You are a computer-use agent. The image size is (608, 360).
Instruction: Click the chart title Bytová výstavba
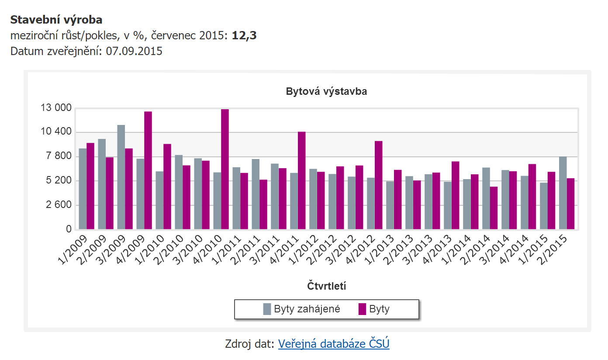pos(326,92)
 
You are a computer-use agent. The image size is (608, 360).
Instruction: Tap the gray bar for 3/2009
pos(121,177)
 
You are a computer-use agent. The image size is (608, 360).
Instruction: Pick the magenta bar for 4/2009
pos(148,170)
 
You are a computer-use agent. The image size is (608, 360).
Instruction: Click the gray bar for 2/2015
pos(563,193)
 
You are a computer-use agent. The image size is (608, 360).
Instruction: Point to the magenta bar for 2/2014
pos(494,208)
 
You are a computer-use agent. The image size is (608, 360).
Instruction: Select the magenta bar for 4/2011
pos(302,180)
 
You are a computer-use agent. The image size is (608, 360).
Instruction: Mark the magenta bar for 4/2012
pos(379,185)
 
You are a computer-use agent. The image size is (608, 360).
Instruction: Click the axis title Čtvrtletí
pos(326,286)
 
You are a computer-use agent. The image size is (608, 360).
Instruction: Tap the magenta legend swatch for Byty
pos(362,309)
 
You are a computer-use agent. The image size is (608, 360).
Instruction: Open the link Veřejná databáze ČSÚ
pos(334,344)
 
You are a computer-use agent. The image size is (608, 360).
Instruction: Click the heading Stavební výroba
pos(56,20)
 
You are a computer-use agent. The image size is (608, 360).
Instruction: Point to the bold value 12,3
pos(244,35)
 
